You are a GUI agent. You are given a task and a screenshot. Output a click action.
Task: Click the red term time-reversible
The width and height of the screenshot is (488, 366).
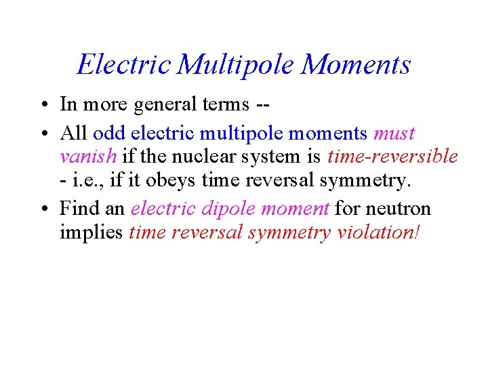coord(392,157)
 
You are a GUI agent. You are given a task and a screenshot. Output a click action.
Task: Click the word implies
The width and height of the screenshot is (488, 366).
coord(91,233)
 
